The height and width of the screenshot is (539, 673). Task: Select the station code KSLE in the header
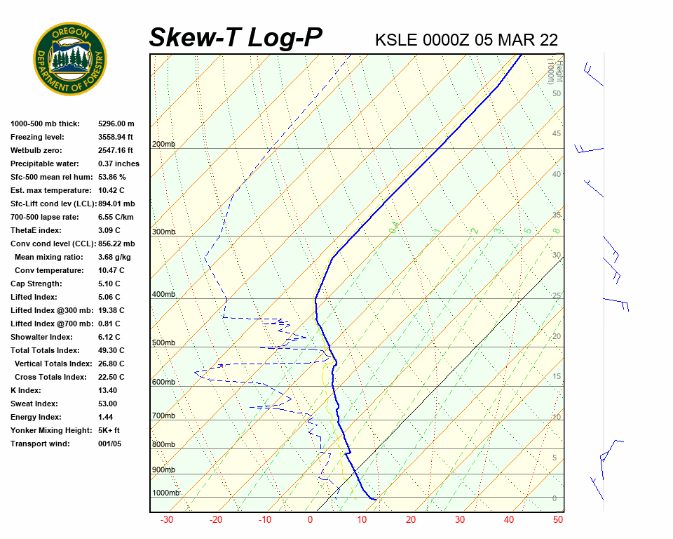click(x=397, y=40)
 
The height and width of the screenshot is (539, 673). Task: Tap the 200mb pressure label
click(x=163, y=145)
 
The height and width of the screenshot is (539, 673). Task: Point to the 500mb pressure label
click(x=163, y=343)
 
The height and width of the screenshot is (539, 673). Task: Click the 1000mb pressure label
click(x=165, y=493)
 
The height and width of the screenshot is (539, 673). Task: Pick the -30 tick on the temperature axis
click(x=167, y=520)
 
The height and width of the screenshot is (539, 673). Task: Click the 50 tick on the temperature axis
click(x=558, y=520)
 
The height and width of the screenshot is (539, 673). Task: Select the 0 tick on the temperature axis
click(x=310, y=520)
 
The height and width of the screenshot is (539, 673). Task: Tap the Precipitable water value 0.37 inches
click(x=118, y=164)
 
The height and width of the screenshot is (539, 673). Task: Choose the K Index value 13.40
click(x=107, y=390)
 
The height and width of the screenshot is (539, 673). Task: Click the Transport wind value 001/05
click(x=109, y=444)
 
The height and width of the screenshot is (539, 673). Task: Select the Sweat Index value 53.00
click(x=107, y=404)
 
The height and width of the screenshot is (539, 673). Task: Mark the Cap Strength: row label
click(x=36, y=284)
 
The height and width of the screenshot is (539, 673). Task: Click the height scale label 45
click(x=557, y=134)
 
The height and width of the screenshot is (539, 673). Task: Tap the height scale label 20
click(x=557, y=336)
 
